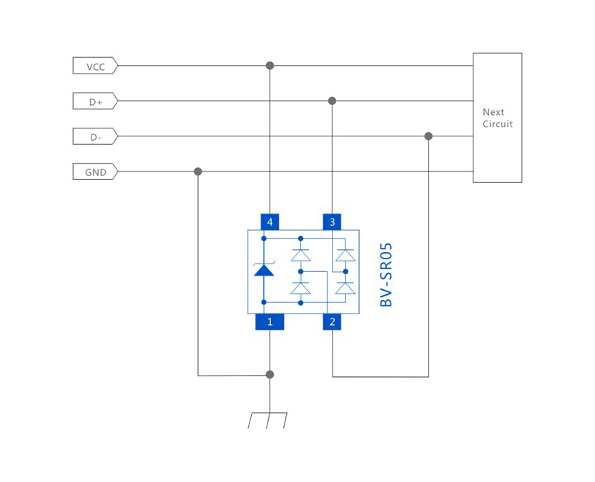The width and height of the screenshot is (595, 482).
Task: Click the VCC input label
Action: (x=95, y=66)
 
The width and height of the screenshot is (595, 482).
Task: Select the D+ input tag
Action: (x=95, y=101)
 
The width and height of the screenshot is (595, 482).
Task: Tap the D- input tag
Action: (x=95, y=136)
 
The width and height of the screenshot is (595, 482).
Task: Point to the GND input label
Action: (x=95, y=172)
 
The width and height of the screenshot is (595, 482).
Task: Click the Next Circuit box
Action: (x=497, y=118)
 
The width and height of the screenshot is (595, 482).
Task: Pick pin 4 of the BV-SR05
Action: (x=270, y=222)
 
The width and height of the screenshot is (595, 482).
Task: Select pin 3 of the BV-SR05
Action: (x=332, y=222)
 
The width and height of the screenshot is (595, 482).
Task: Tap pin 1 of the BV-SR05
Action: (x=270, y=322)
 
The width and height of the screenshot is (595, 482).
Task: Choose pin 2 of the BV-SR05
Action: (x=332, y=322)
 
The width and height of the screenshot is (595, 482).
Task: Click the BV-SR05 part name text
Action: (x=387, y=275)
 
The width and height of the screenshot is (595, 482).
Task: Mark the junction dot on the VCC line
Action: (x=270, y=66)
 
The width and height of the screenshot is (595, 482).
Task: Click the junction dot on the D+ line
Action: (x=332, y=101)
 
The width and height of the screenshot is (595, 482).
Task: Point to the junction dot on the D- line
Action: (x=428, y=136)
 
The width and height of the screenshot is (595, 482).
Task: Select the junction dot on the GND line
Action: (x=198, y=171)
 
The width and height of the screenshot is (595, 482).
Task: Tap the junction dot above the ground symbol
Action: (x=270, y=374)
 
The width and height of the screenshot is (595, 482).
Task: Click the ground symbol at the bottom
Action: (x=267, y=420)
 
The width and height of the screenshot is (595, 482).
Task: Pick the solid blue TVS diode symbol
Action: (x=264, y=269)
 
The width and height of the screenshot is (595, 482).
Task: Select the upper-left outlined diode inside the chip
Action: (x=301, y=255)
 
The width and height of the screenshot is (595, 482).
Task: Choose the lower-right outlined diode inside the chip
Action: (x=345, y=288)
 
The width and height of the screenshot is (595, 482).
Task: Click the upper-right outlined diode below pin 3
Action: (x=345, y=255)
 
